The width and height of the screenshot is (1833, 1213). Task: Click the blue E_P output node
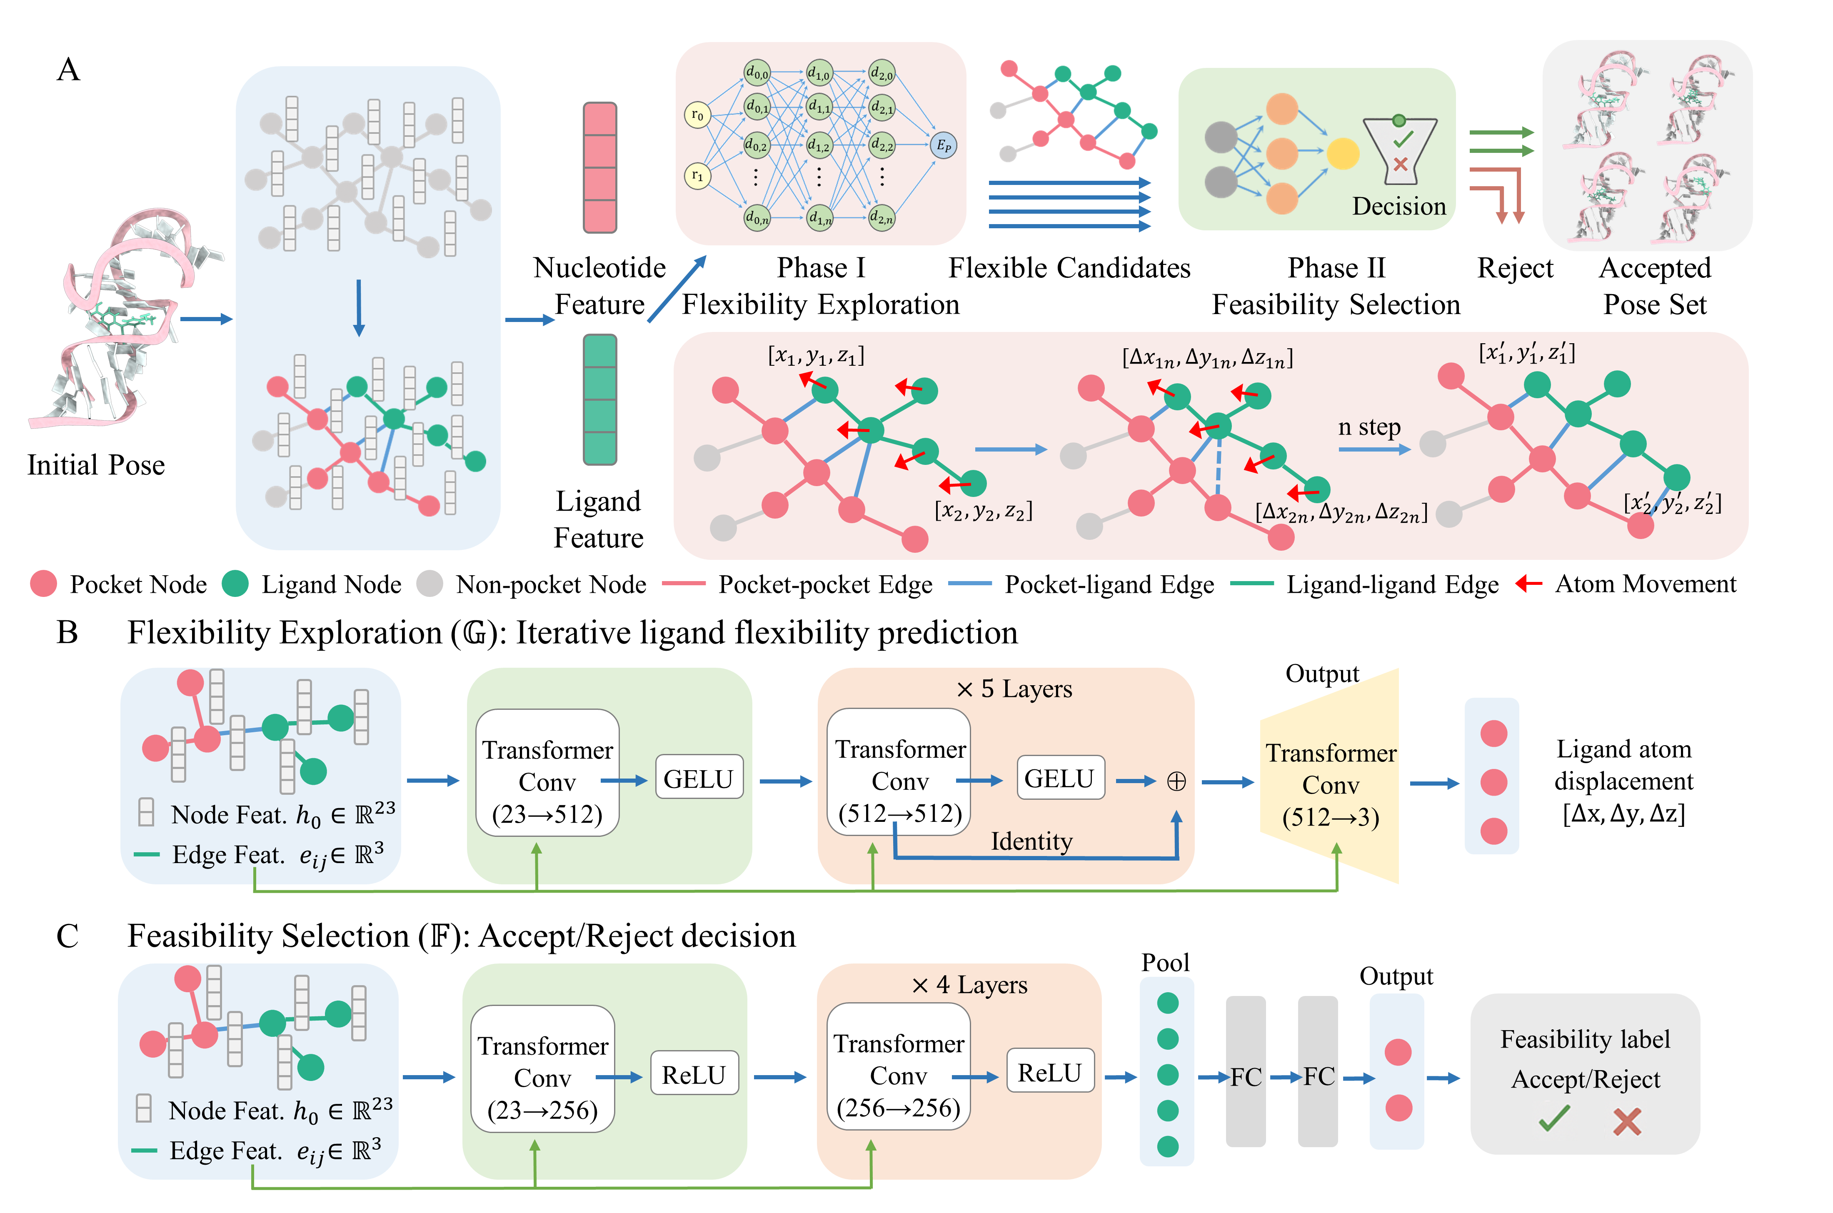[943, 145]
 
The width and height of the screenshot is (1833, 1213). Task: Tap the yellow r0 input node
[697, 115]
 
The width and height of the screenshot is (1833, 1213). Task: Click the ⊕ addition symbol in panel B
[1176, 781]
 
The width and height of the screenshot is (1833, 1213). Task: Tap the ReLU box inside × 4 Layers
[1049, 1072]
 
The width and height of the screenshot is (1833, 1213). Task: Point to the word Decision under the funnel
[1398, 207]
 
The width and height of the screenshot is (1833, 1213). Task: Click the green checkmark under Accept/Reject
[1554, 1118]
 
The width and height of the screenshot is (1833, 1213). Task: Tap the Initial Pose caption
[96, 465]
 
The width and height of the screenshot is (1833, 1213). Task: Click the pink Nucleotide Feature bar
[599, 168]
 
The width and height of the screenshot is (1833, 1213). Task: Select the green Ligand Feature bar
[599, 399]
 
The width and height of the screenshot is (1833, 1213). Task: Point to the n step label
[1369, 427]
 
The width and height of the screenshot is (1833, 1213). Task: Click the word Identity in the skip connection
[1031, 841]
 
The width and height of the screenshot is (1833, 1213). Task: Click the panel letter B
[67, 633]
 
